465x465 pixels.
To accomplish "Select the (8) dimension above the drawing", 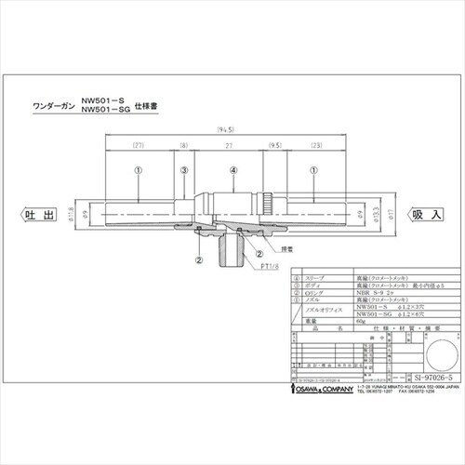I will tap(185, 146).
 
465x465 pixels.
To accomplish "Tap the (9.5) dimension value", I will tap(276, 146).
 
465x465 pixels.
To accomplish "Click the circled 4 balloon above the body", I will tap(233, 170).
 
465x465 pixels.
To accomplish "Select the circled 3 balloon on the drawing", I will tap(185, 170).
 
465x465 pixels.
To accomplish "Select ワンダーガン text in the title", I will tap(57, 104).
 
